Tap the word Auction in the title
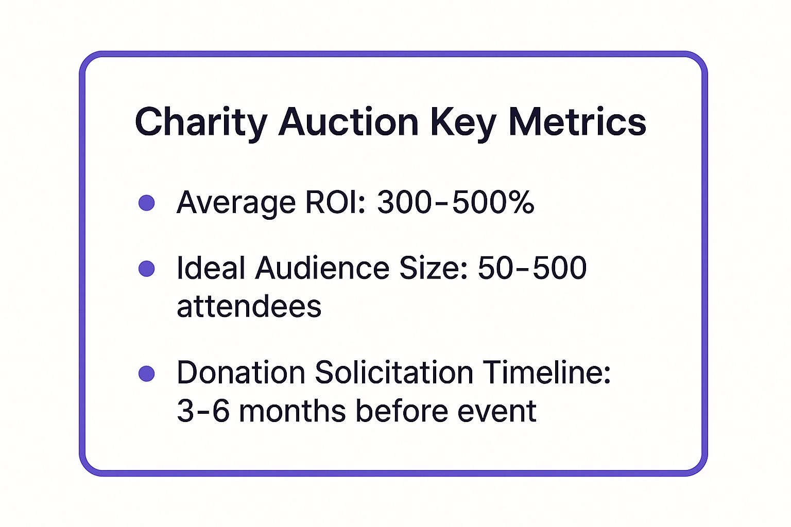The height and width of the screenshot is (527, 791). [349, 122]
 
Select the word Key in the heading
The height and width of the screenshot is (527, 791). [463, 122]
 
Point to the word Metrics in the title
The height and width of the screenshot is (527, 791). [577, 122]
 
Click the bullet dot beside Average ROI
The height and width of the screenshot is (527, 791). [147, 202]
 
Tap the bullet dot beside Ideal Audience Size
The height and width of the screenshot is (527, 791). [147, 269]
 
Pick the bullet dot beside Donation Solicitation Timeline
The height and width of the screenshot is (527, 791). [147, 374]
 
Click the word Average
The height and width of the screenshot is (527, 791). [236, 202]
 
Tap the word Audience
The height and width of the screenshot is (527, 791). [322, 268]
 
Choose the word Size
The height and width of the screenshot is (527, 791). [434, 268]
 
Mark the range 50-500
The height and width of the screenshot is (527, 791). [532, 268]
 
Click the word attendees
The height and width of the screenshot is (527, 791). [249, 307]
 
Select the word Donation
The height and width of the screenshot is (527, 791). [240, 373]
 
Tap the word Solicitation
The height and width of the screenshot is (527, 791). [394, 373]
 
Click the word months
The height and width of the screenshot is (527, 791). [292, 411]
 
